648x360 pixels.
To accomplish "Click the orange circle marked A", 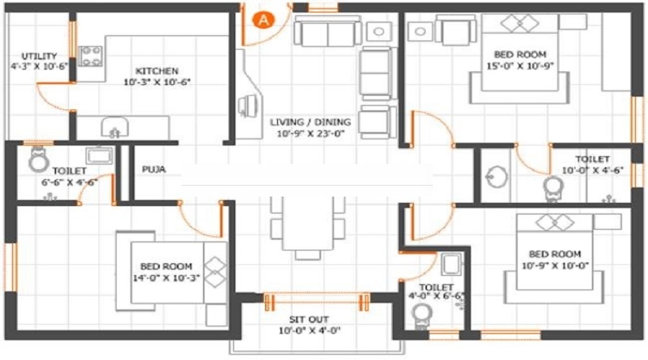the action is (264, 19).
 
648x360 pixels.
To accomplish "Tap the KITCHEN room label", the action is (157, 71).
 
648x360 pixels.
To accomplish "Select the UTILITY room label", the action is (40, 55).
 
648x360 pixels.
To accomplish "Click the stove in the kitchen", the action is (90, 55).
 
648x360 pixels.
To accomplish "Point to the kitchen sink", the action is (114, 127).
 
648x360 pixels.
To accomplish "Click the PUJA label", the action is (154, 169).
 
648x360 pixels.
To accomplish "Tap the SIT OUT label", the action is (309, 320).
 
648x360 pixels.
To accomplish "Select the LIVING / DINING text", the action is (310, 122).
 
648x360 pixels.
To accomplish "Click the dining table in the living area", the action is (308, 224).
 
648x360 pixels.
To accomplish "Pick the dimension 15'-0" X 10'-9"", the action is (520, 66).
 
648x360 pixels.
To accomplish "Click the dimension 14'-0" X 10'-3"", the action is (166, 278).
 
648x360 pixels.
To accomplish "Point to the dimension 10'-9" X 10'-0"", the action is (555, 266).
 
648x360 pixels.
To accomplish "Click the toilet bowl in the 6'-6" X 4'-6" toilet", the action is (39, 160).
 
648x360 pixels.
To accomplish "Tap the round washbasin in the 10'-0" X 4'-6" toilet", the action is (496, 177).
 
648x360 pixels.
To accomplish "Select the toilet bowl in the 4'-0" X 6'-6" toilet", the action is (422, 316).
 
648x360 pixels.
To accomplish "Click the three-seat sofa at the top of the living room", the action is (328, 32).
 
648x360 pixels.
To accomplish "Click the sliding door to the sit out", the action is (317, 302).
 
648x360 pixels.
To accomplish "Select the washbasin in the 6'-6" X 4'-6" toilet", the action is (99, 155).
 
